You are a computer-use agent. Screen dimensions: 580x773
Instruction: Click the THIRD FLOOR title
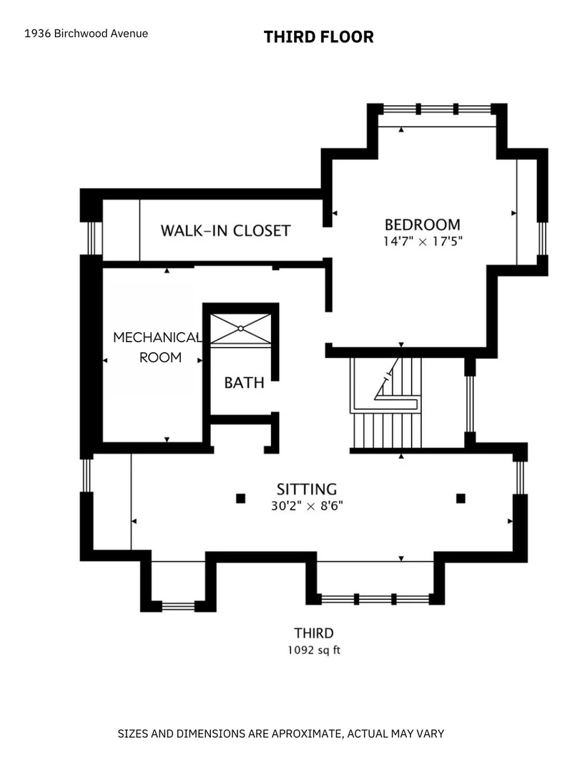click(318, 37)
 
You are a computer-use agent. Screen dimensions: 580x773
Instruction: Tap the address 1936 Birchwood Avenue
click(87, 34)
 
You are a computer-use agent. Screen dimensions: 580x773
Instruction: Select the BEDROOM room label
click(423, 225)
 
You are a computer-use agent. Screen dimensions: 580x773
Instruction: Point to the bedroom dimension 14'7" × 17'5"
click(423, 242)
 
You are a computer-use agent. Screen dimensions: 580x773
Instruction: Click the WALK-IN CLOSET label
click(226, 230)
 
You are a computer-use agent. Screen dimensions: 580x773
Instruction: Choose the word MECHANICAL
click(157, 337)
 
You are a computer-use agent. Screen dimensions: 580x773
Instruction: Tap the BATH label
click(244, 382)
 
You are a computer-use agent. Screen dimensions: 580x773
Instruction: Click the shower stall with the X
click(240, 329)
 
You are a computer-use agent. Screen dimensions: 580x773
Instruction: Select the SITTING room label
click(307, 489)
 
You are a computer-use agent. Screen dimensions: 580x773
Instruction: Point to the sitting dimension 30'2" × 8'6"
click(307, 506)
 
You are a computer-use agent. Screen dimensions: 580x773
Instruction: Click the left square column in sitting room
click(240, 498)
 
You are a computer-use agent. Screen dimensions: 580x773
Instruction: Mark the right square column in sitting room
click(461, 498)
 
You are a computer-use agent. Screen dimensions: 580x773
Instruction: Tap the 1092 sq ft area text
click(314, 650)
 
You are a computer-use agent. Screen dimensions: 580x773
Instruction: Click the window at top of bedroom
click(437, 109)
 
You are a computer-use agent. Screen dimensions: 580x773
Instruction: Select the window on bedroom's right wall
click(542, 238)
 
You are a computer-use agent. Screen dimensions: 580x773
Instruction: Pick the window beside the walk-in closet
click(91, 238)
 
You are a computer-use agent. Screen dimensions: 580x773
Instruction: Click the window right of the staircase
click(470, 404)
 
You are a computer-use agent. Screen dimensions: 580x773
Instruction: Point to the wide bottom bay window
click(375, 600)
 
